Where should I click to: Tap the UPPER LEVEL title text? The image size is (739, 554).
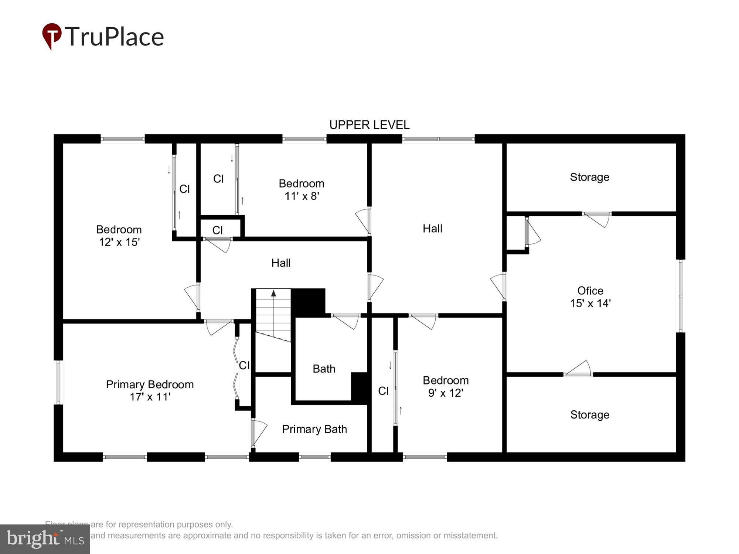coord(369,125)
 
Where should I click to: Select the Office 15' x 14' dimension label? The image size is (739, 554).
coord(590,303)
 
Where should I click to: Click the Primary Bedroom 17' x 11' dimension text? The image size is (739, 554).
coord(150,397)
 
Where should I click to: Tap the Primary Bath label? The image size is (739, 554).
coord(314,429)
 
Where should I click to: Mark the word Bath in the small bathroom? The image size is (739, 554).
coord(324,369)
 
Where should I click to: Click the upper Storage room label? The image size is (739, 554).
coord(589,177)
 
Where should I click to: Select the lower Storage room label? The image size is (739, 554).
coord(590,415)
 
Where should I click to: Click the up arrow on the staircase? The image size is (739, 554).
coord(273,294)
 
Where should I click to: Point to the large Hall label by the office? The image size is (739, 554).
coord(432,229)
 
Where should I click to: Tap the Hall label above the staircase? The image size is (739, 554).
coord(281,263)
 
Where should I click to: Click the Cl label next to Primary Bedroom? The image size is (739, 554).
coord(244,365)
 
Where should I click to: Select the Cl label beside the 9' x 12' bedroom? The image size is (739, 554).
coord(383,391)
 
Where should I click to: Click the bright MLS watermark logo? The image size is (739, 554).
coord(45,539)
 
